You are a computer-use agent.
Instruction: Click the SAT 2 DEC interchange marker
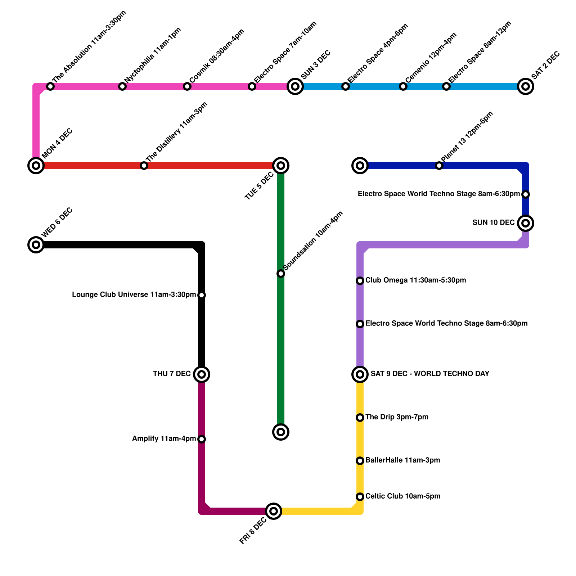525,86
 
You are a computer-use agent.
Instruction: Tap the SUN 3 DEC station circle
295,86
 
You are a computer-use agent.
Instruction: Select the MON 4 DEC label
57,144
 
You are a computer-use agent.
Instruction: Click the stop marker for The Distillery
144,166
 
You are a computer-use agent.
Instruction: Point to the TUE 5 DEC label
259,186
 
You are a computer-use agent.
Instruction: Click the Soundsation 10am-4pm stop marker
281,274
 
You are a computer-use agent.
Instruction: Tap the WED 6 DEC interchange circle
36,245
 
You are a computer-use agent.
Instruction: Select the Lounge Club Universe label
134,295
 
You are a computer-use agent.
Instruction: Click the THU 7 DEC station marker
202,374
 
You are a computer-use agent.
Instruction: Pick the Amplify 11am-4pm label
164,438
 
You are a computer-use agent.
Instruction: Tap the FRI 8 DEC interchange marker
274,511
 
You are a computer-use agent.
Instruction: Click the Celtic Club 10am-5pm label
403,496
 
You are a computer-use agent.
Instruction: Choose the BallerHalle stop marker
360,461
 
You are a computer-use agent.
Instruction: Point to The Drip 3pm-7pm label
397,417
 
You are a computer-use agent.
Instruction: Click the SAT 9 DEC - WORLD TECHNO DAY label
430,374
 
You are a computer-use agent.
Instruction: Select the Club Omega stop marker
360,281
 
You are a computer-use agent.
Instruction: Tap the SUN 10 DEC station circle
525,223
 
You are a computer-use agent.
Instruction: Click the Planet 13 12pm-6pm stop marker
439,166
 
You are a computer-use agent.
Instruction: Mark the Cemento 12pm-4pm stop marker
403,86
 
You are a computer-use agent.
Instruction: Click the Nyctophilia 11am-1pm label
153,55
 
